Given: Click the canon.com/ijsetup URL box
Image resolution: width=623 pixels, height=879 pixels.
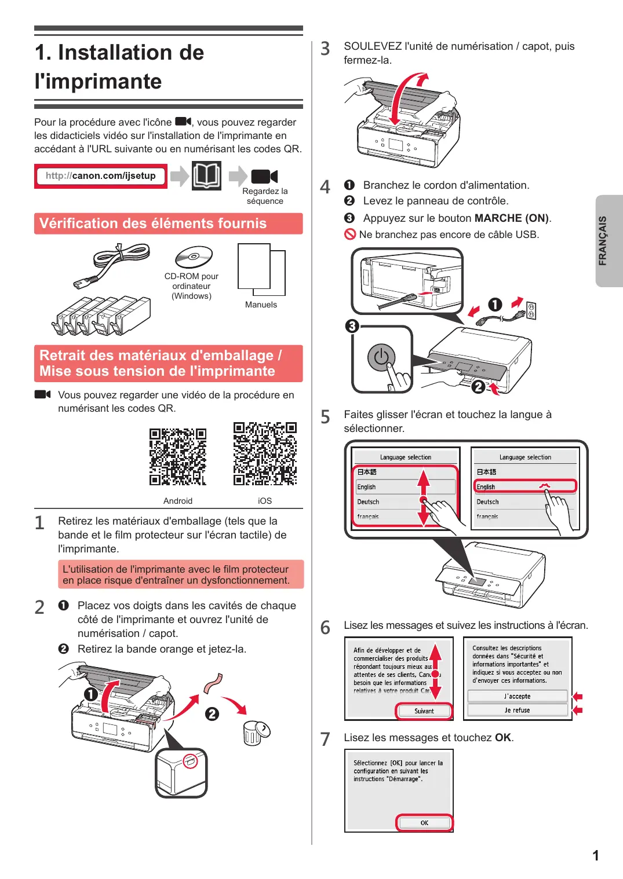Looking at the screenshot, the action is [x=101, y=176].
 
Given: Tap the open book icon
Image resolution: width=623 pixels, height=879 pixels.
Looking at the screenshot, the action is [x=207, y=175].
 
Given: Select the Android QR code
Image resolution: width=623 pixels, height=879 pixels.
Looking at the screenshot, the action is [x=178, y=457].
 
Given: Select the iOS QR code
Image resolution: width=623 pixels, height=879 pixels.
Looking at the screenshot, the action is [x=265, y=453].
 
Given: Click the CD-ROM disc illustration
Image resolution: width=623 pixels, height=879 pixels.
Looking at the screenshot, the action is [x=194, y=257].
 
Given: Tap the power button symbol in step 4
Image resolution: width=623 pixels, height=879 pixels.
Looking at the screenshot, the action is [x=381, y=357].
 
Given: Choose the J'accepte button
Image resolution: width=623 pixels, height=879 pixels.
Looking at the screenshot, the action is [x=518, y=696].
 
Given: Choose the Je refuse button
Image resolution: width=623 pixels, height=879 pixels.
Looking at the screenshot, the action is [x=518, y=710].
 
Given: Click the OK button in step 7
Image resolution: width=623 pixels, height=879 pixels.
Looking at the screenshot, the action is [x=424, y=822].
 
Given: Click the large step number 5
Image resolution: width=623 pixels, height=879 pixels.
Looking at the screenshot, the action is [x=325, y=417].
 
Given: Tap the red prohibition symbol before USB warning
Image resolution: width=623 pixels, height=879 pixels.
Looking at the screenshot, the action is [x=349, y=235].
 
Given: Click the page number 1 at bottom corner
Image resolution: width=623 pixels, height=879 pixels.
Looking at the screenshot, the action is [x=596, y=855].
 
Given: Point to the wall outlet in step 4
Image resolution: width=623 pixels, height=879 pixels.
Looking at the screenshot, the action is [x=531, y=311].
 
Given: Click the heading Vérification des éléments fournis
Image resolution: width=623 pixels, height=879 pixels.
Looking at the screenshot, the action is [x=153, y=224].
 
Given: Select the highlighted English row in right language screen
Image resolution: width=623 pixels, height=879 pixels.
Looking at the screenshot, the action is [x=525, y=486].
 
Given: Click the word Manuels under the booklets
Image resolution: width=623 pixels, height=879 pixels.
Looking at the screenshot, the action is [x=261, y=305].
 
